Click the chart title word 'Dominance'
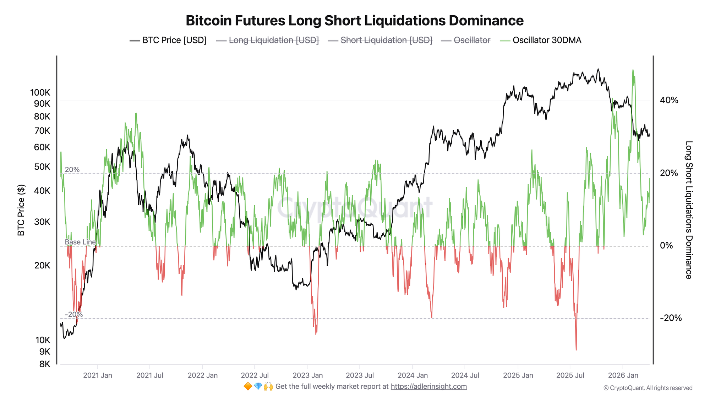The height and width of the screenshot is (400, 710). (486, 21)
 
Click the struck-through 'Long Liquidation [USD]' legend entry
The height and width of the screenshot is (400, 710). (274, 40)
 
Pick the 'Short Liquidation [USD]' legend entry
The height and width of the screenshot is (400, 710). (386, 40)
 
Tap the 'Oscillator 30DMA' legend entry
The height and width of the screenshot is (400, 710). (547, 40)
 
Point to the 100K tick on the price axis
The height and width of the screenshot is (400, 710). (40, 93)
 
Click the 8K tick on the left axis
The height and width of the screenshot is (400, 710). (44, 364)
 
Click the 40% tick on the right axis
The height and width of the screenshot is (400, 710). (669, 100)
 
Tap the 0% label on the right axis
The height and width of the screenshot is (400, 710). (666, 246)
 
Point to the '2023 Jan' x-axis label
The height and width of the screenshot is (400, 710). (307, 375)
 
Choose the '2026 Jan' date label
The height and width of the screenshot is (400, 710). (623, 375)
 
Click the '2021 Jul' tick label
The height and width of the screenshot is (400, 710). (149, 375)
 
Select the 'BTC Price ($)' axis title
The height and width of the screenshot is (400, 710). (21, 210)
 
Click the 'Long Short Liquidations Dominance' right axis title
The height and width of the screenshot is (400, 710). (689, 210)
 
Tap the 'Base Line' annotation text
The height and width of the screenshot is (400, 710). (80, 242)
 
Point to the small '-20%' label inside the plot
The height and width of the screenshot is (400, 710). (74, 315)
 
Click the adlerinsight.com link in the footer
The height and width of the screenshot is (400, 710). (428, 386)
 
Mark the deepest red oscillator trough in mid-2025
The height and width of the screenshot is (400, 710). (576, 350)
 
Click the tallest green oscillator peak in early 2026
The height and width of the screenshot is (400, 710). (633, 70)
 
